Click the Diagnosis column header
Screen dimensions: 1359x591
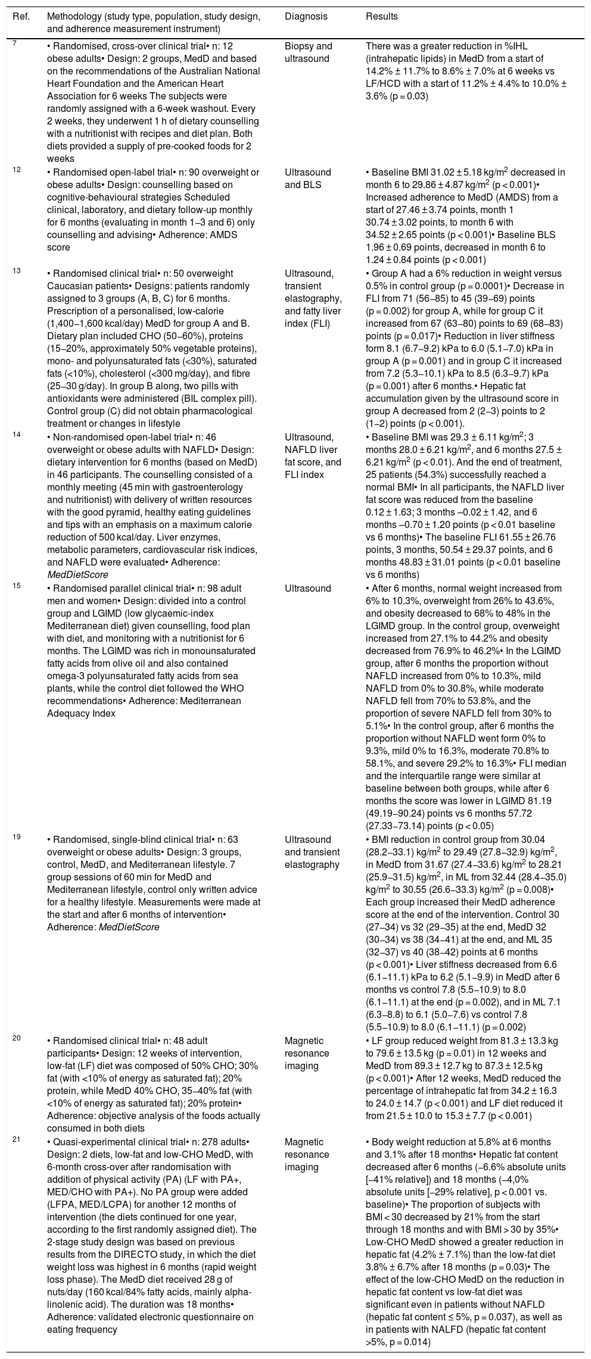click(x=306, y=17)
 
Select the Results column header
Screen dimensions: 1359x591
click(x=381, y=17)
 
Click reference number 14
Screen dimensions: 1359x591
click(x=16, y=436)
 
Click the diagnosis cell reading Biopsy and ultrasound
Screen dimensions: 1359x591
click(x=309, y=52)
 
